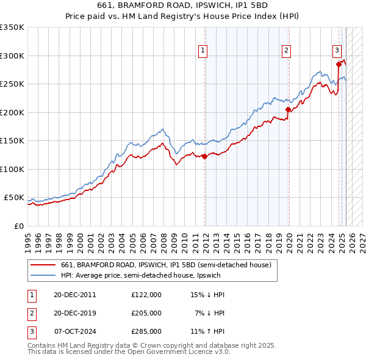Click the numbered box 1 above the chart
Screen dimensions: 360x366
(x=202, y=51)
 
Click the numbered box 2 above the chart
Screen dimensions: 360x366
(x=286, y=51)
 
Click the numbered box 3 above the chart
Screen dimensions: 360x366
(x=336, y=51)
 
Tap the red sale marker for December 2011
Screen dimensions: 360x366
(x=205, y=157)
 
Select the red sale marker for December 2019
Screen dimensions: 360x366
(x=289, y=110)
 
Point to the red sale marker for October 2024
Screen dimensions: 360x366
(x=339, y=63)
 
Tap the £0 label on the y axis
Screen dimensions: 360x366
(x=18, y=226)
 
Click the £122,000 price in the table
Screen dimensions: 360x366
(x=146, y=295)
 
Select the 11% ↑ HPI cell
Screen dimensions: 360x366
(x=208, y=331)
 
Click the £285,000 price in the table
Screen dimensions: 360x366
(x=146, y=331)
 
